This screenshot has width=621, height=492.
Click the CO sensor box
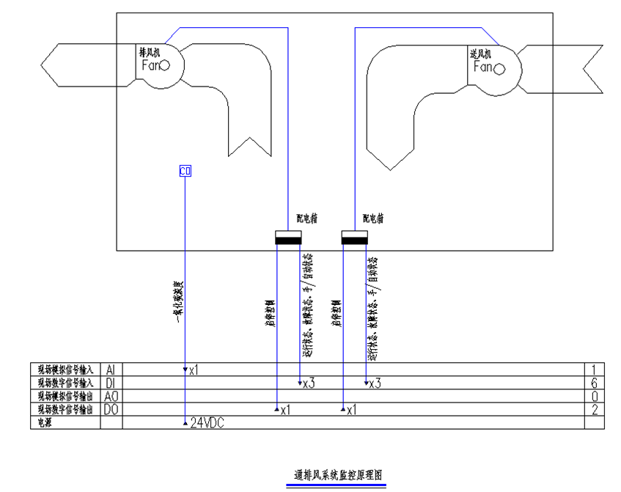click(x=185, y=172)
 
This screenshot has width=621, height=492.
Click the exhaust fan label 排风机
click(x=150, y=52)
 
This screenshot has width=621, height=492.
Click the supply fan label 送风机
click(x=480, y=54)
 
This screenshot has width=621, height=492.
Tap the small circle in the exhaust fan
click(x=165, y=65)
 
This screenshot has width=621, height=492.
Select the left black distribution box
click(x=288, y=238)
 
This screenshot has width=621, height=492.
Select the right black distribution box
click(x=356, y=238)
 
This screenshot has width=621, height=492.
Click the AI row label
click(x=111, y=370)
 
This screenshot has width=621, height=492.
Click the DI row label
click(x=111, y=383)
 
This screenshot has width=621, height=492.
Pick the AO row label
click(x=111, y=396)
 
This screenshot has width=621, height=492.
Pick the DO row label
click(x=111, y=409)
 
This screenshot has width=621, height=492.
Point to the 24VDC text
click(x=207, y=423)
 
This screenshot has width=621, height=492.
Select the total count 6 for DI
click(x=595, y=383)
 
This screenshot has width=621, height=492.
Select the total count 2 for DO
click(x=595, y=409)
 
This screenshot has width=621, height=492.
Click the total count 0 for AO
click(x=595, y=396)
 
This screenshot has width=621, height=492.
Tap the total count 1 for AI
click(x=595, y=370)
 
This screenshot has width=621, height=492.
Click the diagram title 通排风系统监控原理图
click(x=335, y=474)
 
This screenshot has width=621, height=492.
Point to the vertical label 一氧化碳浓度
click(x=177, y=301)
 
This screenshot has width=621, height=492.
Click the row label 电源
click(x=37, y=423)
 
